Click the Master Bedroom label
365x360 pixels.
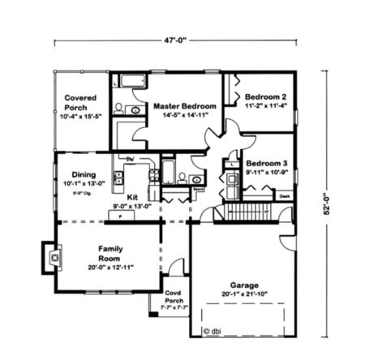[x=184, y=106]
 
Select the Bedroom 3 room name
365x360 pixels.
[x=265, y=161]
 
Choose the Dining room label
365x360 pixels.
[x=84, y=174]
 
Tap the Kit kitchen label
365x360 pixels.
[x=132, y=196]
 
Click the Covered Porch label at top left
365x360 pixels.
[x=82, y=101]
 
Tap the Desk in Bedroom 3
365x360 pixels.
[x=284, y=195]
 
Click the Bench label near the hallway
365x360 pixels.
[x=197, y=188]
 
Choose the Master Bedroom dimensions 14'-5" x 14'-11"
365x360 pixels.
[x=184, y=115]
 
